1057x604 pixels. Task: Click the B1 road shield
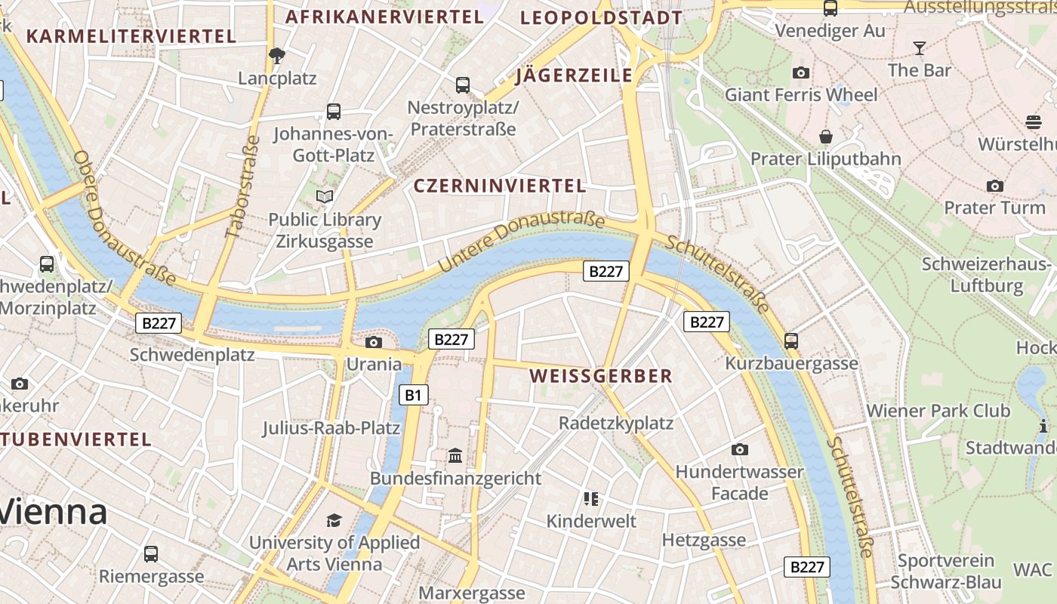(x=413, y=394)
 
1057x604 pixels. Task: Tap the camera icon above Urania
(x=373, y=342)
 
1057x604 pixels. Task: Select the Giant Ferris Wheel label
(x=801, y=94)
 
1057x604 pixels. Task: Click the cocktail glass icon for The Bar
(x=919, y=48)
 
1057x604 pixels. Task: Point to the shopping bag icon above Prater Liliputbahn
(x=826, y=137)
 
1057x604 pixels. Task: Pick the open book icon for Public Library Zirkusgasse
(x=325, y=197)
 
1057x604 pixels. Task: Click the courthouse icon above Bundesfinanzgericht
(x=455, y=455)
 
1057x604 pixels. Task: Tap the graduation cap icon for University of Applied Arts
(x=334, y=520)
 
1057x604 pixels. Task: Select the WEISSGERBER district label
(x=600, y=376)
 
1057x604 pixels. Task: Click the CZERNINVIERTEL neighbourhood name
(x=500, y=186)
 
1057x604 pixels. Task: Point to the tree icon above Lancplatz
(x=277, y=55)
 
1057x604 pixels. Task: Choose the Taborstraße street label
(x=243, y=186)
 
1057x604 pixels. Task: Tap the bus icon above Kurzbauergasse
(x=791, y=341)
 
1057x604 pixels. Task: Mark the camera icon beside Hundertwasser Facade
(x=740, y=449)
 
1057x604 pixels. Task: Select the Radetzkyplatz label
(x=615, y=423)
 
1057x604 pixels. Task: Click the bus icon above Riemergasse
(x=151, y=553)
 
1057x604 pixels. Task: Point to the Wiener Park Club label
(x=938, y=411)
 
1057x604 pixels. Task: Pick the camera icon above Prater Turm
(x=994, y=186)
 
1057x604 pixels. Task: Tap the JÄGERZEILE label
(x=574, y=75)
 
